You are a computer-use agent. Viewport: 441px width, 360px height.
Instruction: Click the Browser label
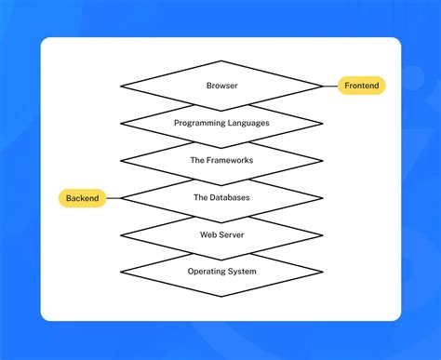(221, 86)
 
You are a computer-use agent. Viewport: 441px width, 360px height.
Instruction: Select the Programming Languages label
(221, 123)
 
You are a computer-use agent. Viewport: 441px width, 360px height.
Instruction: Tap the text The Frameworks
(221, 160)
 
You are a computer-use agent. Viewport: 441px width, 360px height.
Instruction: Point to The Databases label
(221, 197)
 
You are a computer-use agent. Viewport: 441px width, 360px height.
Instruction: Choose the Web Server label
(221, 234)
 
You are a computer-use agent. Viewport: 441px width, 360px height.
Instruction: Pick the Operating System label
(221, 272)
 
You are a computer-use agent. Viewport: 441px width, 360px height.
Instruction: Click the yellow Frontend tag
(361, 86)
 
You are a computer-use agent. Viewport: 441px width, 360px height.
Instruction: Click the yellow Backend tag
(83, 198)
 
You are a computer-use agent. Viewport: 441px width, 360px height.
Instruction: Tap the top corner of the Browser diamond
(221, 61)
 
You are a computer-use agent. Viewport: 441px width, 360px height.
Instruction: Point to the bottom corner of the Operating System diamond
(221, 296)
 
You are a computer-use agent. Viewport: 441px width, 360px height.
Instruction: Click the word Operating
(206, 272)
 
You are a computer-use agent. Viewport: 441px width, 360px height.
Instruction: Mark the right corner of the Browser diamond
(322, 86)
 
